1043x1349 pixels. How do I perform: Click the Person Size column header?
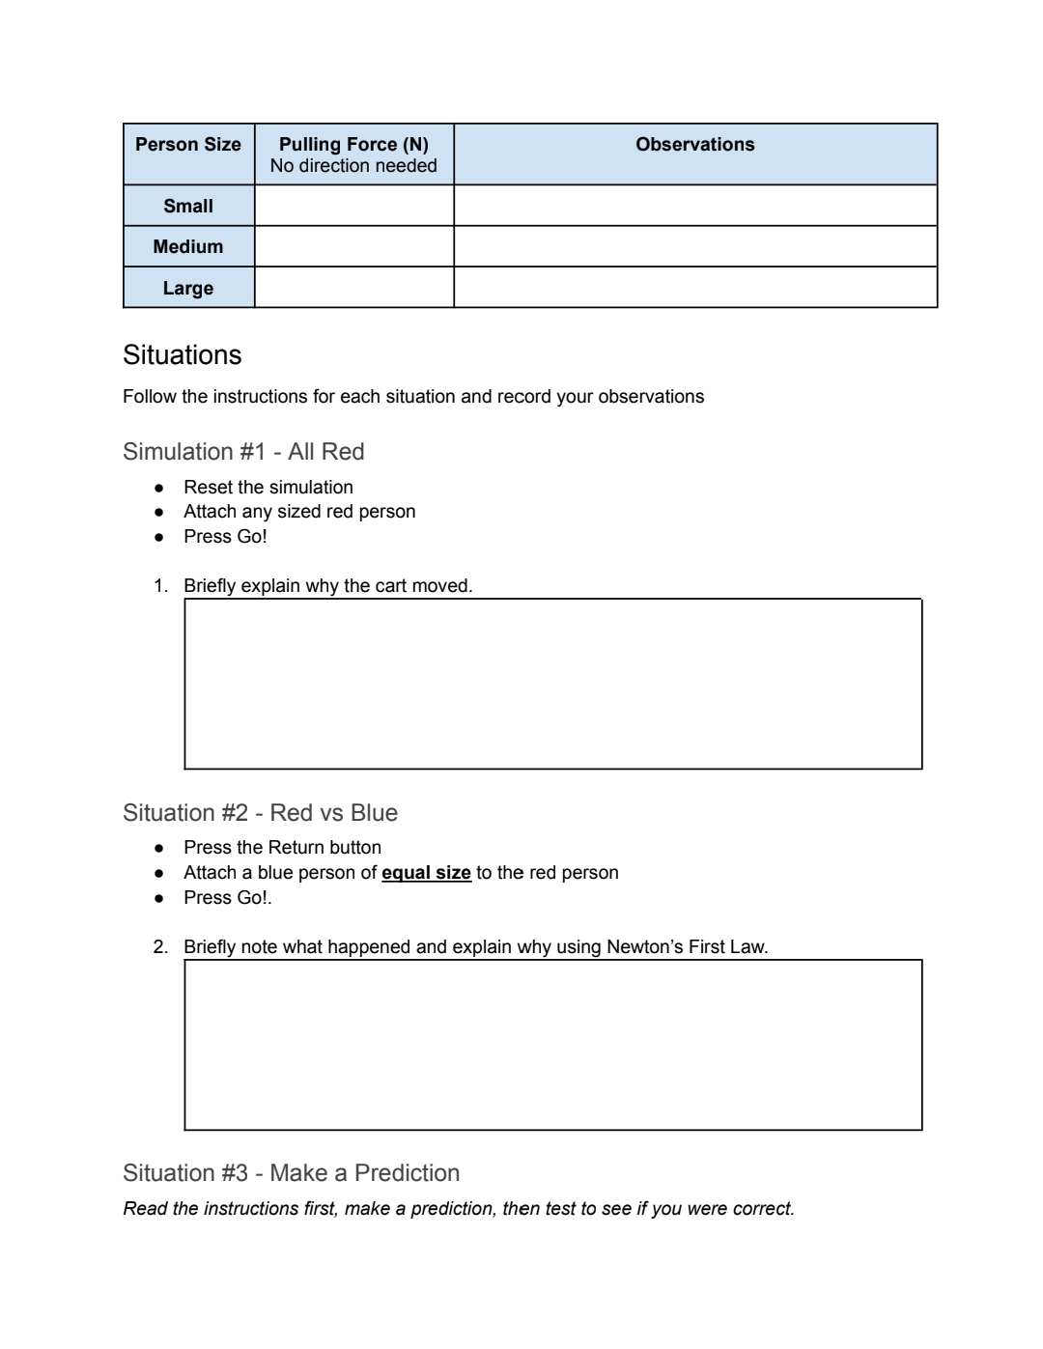(188, 145)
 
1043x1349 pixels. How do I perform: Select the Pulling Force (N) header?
(353, 144)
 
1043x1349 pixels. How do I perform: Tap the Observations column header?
(694, 145)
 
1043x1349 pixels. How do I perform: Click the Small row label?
(188, 206)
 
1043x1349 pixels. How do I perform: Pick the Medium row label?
(188, 246)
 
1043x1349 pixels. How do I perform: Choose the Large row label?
(188, 288)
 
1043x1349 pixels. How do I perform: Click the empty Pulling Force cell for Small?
(353, 206)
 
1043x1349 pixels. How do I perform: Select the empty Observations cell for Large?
(694, 288)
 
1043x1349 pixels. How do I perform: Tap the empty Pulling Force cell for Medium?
(353, 246)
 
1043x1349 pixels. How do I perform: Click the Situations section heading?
(183, 355)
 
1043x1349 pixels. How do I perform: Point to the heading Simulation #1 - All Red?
(243, 452)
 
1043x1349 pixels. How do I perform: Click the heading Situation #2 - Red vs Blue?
(260, 813)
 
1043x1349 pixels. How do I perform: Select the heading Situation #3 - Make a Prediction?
(291, 1173)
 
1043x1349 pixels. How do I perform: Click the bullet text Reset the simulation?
(268, 488)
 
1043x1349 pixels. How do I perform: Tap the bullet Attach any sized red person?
(299, 512)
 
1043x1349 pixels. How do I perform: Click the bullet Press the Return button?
(282, 848)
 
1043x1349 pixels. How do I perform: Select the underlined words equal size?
(426, 873)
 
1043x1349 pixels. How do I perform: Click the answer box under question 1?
(552, 684)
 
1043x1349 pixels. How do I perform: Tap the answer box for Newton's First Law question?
(552, 1045)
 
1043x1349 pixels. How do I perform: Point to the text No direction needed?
(353, 166)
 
